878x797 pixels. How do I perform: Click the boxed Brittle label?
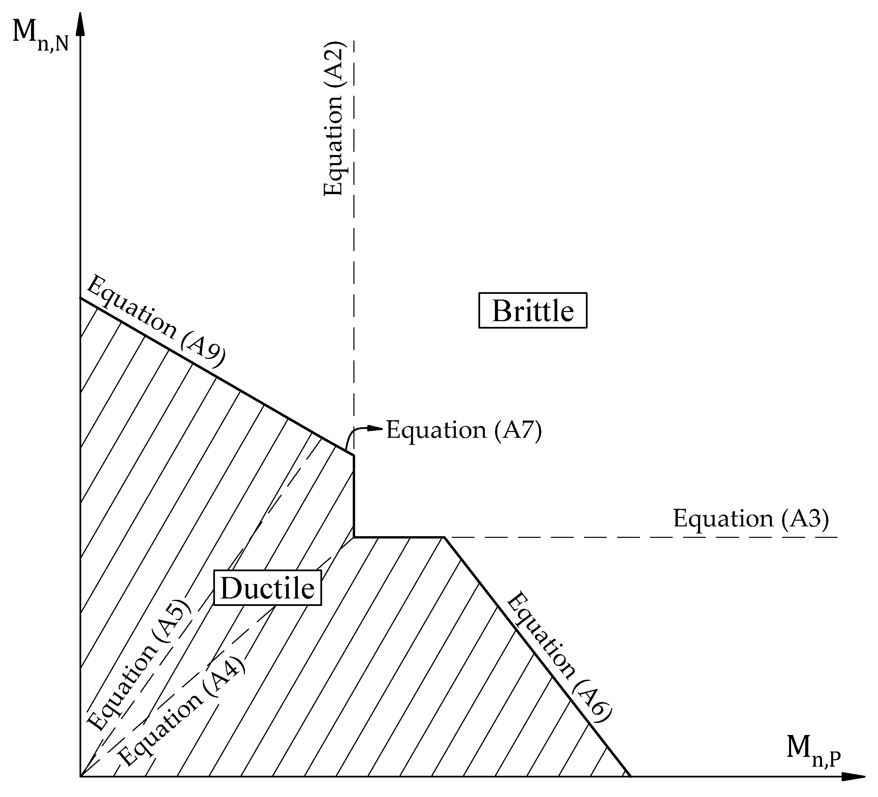(533, 310)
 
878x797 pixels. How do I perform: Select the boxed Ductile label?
(268, 588)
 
